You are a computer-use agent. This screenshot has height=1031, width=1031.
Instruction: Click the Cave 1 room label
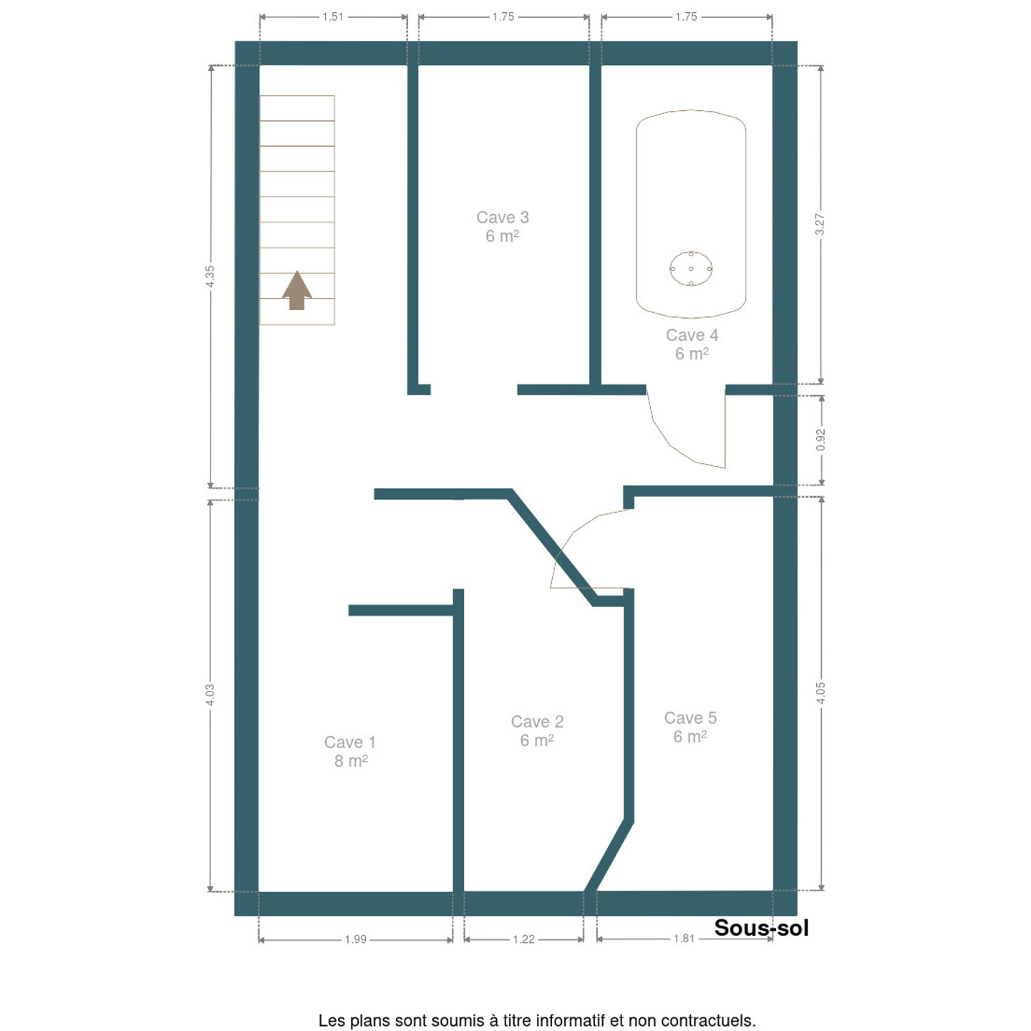point(350,751)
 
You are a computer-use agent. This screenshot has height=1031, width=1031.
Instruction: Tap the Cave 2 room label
point(537,730)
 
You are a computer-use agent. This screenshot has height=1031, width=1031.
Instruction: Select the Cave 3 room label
point(503,226)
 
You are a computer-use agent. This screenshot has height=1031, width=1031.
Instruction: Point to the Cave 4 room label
point(692,344)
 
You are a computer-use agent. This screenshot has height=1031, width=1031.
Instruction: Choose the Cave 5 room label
point(690,727)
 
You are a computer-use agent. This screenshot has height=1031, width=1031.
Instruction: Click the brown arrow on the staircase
point(297,290)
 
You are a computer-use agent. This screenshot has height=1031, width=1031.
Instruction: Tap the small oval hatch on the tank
point(691,268)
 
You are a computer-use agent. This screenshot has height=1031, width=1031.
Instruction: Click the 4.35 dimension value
point(210,276)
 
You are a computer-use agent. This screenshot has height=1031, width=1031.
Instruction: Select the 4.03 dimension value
point(210,694)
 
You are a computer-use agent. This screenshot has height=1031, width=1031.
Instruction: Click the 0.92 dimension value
point(821,440)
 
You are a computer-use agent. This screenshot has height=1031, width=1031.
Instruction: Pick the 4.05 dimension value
point(821,693)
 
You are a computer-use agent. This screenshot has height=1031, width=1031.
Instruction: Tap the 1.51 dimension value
point(332,17)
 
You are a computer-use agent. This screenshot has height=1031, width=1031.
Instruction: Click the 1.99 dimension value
point(355,939)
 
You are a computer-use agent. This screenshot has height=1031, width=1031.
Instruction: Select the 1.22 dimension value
point(523,939)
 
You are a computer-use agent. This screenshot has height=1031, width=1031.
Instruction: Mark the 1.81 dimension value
point(684,939)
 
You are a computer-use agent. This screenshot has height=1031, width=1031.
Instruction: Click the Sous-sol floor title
point(761,928)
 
